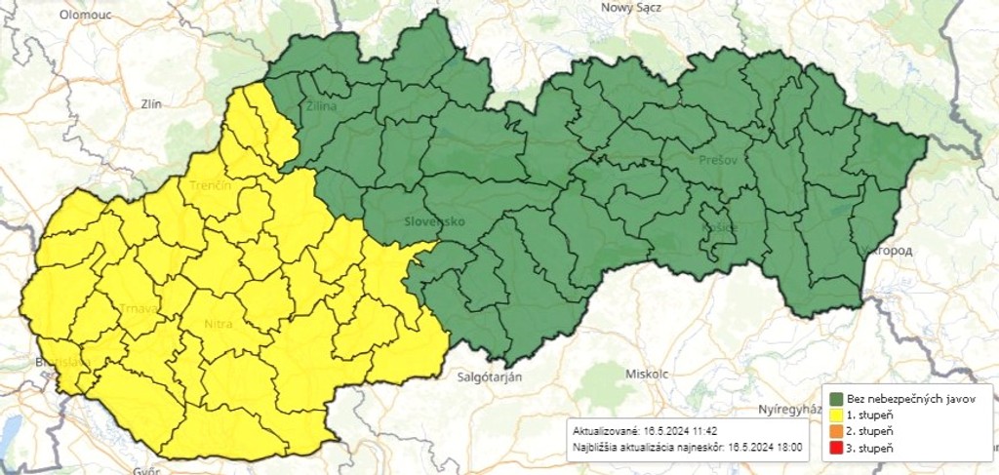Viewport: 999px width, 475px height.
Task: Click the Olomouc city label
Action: click(85, 15)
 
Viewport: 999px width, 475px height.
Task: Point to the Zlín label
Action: click(150, 102)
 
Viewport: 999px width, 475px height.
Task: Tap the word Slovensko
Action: click(434, 221)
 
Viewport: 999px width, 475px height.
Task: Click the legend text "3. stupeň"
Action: click(868, 448)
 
